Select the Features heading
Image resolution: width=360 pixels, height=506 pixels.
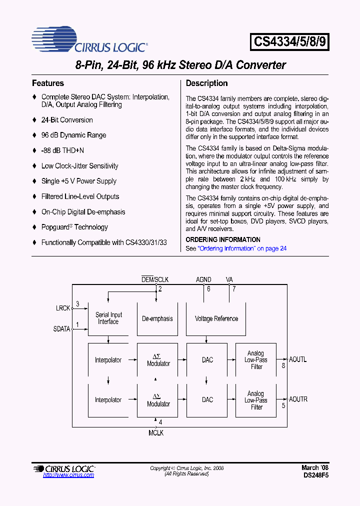click(48, 83)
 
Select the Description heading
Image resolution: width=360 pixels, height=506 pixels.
click(206, 83)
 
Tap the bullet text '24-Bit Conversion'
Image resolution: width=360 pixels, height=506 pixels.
click(67, 120)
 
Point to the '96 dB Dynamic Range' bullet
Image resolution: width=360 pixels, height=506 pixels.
click(73, 135)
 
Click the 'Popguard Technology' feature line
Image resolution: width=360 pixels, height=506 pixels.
click(74, 227)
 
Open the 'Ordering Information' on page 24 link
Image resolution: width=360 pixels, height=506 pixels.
click(242, 248)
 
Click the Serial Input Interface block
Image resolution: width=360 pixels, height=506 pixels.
click(108, 318)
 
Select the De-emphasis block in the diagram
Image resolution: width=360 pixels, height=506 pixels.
click(157, 318)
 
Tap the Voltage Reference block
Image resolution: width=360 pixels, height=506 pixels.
click(216, 318)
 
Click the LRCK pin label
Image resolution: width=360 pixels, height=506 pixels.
click(63, 308)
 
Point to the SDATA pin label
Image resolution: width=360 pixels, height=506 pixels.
click(61, 329)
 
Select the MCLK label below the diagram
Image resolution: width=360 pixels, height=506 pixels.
click(155, 433)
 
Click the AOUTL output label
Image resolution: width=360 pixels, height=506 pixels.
click(298, 359)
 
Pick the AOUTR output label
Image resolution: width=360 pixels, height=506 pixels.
click(298, 399)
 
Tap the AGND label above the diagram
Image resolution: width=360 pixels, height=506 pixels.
click(203, 280)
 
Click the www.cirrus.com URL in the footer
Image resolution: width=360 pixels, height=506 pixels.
click(68, 475)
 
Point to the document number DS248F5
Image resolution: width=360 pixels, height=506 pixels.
click(315, 475)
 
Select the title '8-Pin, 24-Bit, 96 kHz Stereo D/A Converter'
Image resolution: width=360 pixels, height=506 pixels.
click(180, 65)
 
